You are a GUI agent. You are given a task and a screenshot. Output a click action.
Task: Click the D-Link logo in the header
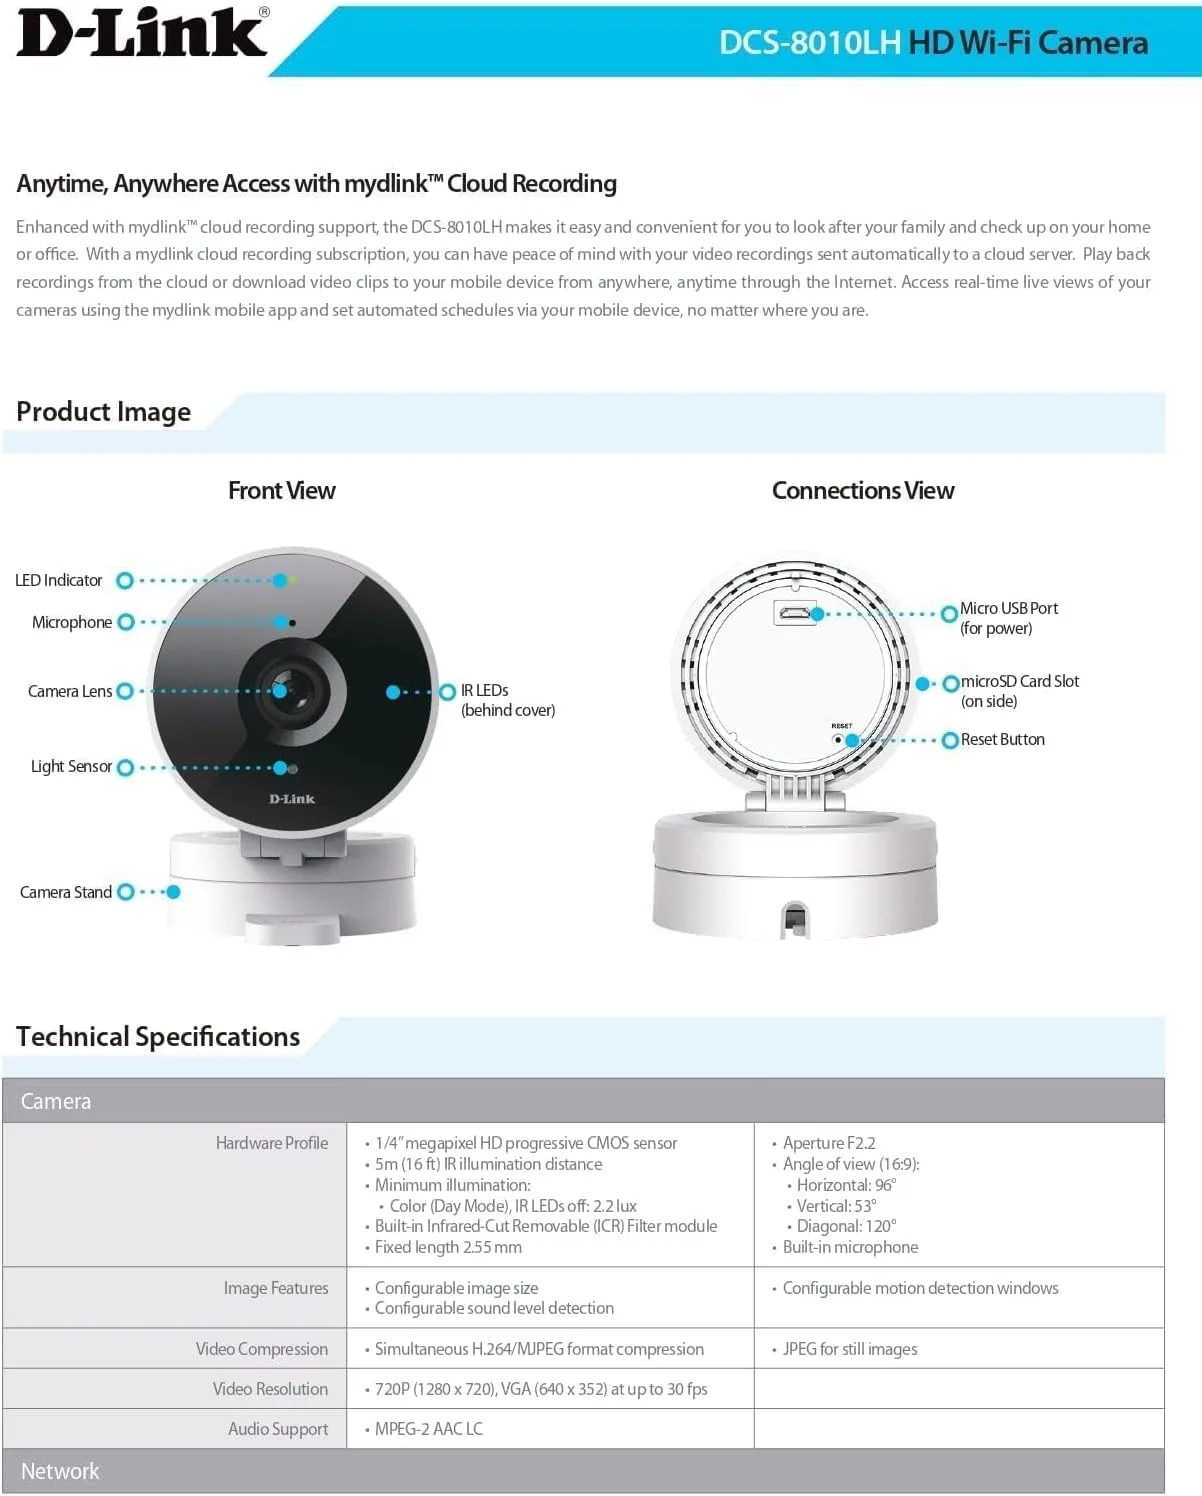point(143,34)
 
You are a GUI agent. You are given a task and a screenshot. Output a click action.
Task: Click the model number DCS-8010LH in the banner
point(810,43)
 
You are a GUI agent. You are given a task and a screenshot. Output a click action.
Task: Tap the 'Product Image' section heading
point(104,412)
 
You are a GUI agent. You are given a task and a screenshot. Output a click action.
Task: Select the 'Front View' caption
point(282,491)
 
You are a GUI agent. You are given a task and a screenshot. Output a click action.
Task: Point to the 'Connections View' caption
point(863,491)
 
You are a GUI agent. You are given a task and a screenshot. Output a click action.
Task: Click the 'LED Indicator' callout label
point(59,581)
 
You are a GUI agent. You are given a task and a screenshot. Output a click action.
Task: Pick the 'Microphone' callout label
point(72,623)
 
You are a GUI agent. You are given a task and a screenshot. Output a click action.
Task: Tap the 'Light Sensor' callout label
point(71,767)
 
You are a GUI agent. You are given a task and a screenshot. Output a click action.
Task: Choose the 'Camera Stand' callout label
point(66,892)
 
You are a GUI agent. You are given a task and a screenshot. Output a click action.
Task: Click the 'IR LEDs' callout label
point(485,691)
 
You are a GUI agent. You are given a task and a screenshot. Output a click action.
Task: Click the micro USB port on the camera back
point(795,613)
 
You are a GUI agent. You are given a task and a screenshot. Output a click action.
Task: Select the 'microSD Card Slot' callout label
point(1020,682)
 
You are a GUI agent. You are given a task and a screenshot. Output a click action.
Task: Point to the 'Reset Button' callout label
point(1003,740)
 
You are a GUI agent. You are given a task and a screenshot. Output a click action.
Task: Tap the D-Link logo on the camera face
point(292,799)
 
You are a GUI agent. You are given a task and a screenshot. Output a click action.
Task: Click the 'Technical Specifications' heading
point(158,1037)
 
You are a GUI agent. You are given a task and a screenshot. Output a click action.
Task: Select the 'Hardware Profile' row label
point(272,1143)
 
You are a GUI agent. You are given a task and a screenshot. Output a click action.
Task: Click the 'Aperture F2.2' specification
point(829,1143)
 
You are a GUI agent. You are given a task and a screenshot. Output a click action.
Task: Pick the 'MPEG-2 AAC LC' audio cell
point(429,1429)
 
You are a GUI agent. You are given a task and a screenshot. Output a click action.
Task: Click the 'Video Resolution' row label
point(270,1389)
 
